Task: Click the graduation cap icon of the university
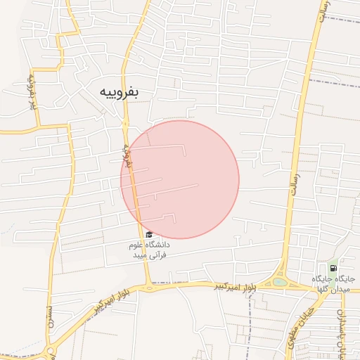click(148, 235)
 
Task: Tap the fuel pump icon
click(332, 268)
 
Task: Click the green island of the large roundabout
click(280, 282)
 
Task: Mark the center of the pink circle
click(180, 179)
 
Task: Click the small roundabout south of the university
click(149, 287)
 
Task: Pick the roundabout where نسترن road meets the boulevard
click(51, 351)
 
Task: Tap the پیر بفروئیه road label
click(32, 91)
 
